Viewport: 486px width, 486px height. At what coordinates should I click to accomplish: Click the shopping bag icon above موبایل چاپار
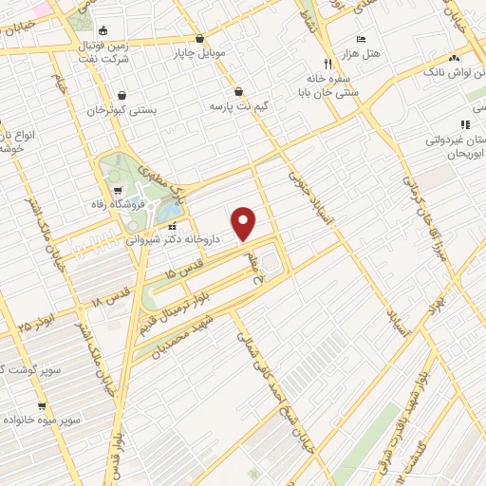(x=199, y=39)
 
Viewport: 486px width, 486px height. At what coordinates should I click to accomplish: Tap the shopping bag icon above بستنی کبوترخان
(x=123, y=95)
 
